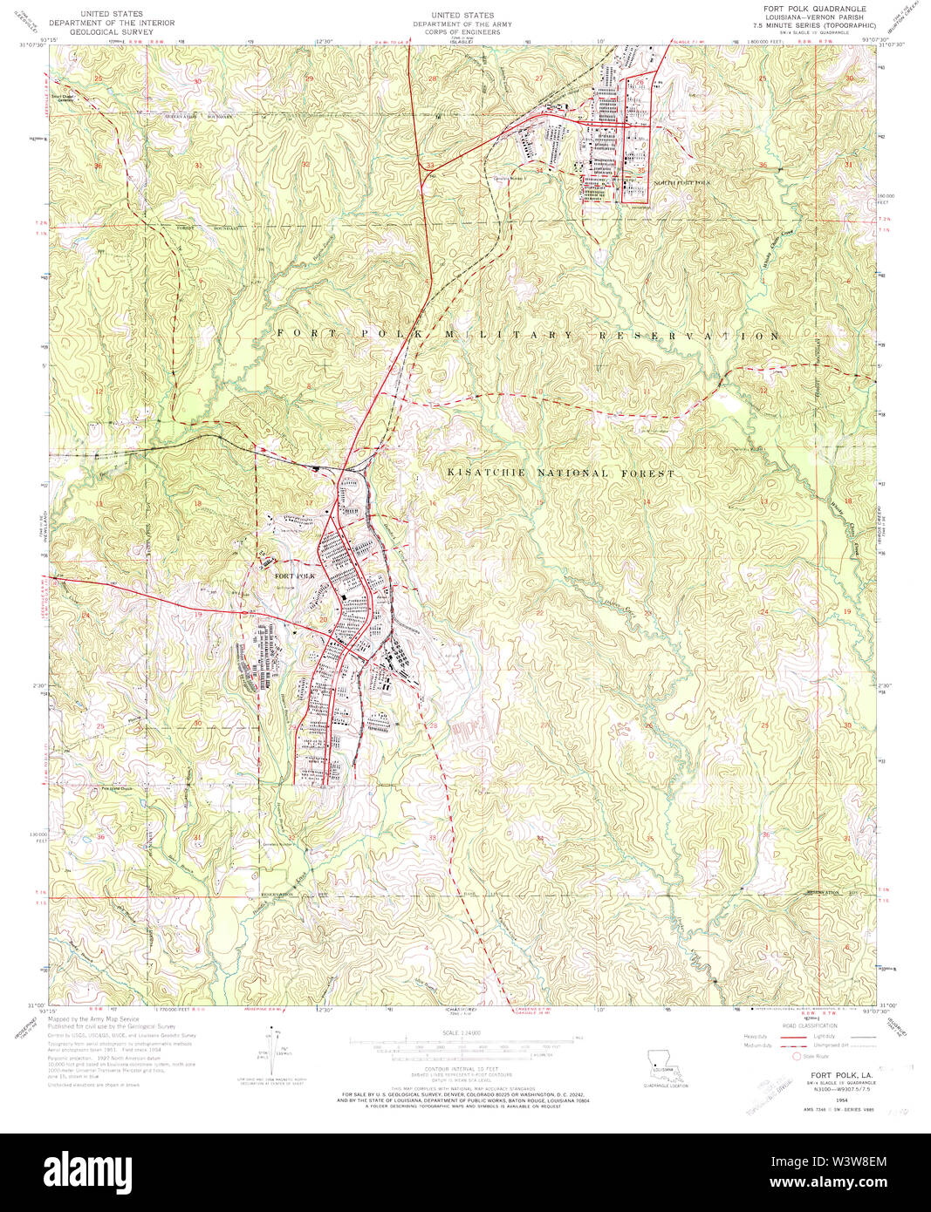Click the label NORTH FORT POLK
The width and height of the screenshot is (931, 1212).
[x=682, y=182]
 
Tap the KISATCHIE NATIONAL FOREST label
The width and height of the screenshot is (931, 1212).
[x=561, y=473]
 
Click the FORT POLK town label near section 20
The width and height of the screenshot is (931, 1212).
[x=294, y=576]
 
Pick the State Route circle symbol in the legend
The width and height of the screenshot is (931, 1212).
[x=797, y=1054]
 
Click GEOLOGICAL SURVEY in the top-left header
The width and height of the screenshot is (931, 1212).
[x=111, y=31]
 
